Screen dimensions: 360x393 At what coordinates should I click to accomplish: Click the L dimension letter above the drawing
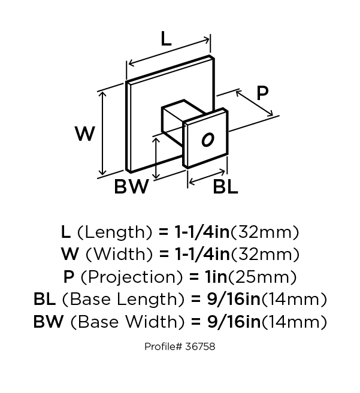(166, 40)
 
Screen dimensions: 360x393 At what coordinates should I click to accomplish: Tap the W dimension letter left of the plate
(85, 134)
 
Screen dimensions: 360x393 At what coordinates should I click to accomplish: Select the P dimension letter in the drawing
(262, 93)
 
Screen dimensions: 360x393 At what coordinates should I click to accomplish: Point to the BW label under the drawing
(131, 188)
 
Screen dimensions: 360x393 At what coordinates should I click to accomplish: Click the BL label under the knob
(226, 188)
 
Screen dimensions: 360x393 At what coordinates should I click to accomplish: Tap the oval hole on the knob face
(207, 140)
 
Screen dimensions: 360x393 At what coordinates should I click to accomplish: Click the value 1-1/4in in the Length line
(201, 232)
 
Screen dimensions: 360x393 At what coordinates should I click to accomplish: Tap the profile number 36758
(201, 347)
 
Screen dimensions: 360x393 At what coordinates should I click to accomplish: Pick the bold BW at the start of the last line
(48, 322)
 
